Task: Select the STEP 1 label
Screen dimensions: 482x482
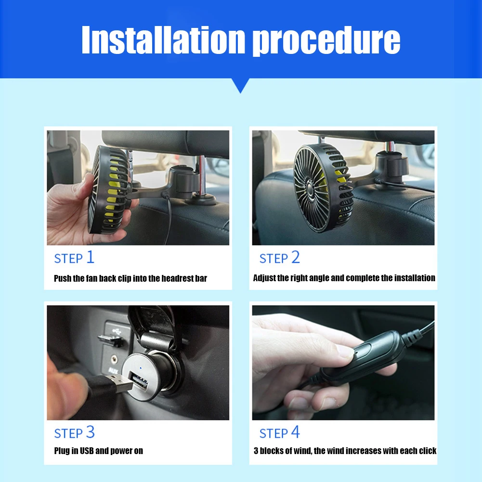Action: [74, 258]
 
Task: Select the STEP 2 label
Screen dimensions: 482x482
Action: [279, 258]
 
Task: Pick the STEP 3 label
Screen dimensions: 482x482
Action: [74, 432]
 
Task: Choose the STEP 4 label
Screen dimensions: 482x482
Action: [279, 432]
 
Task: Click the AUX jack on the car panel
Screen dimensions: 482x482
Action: [114, 358]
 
